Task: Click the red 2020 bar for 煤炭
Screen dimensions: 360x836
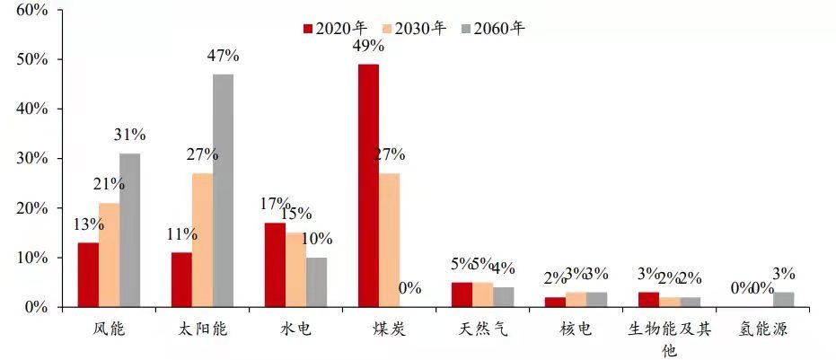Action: [x=368, y=186]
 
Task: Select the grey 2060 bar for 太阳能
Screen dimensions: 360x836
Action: [x=223, y=190]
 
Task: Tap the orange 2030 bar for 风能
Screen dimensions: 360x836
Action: [x=109, y=255]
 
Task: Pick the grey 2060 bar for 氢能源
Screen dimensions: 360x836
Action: [x=783, y=299]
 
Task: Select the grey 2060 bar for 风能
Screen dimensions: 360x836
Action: [x=129, y=230]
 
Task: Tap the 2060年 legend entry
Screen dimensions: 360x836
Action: [x=500, y=28]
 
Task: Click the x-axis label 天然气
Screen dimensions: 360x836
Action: [x=485, y=329]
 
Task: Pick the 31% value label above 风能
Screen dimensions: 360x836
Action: [x=129, y=136]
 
